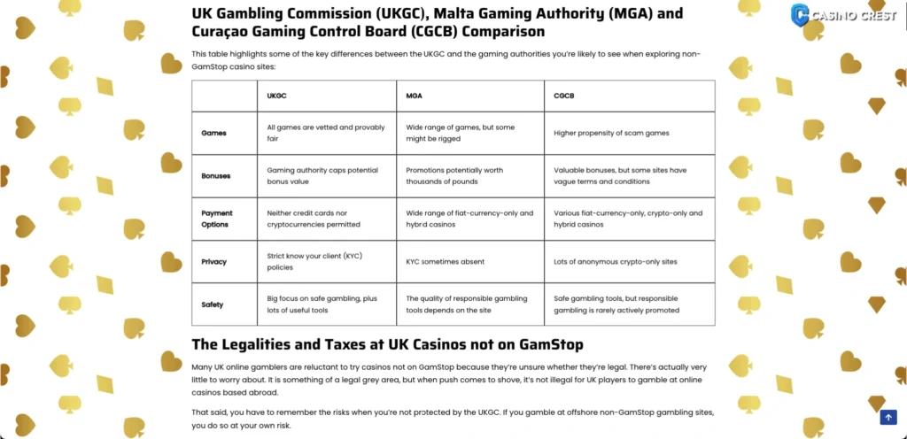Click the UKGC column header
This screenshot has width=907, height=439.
[x=276, y=95]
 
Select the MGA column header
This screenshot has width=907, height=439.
[x=415, y=95]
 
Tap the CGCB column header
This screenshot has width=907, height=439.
[x=563, y=95]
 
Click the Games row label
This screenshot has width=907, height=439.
[x=213, y=133]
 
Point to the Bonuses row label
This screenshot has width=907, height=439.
[x=216, y=175]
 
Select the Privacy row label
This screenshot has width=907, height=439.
[x=214, y=262]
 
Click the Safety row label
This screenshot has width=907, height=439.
[x=213, y=304]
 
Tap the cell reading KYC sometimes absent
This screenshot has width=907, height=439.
[x=445, y=262]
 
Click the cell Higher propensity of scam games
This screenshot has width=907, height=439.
[x=611, y=133]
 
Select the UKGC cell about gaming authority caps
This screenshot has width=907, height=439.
[x=322, y=175]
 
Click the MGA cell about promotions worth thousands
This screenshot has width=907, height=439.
[x=461, y=175]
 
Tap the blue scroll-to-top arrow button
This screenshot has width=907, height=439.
[x=888, y=418]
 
